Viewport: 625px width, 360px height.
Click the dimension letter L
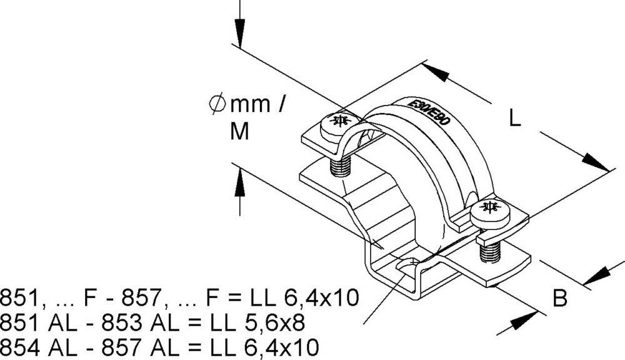(x=514, y=119)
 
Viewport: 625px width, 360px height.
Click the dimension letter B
(x=561, y=299)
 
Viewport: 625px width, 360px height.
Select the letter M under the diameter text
(x=239, y=131)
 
